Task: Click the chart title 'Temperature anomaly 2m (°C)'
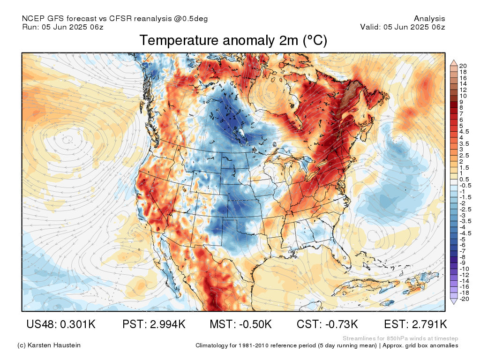[x=233, y=40]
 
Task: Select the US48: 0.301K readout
[x=61, y=324]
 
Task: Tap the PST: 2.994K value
[x=154, y=324]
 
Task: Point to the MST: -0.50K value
[x=240, y=324]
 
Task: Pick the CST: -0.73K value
[x=327, y=324]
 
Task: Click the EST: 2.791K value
[x=415, y=324]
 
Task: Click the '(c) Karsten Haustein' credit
[x=49, y=345]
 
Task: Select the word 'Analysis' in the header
[x=429, y=19]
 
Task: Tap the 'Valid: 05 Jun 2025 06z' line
[x=403, y=27]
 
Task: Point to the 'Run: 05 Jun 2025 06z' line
[x=63, y=27]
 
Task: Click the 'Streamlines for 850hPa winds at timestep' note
[x=400, y=338]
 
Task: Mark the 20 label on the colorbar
[x=463, y=66]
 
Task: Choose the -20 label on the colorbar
[x=464, y=299]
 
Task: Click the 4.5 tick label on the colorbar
[x=464, y=132]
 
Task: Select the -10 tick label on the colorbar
[x=464, y=269]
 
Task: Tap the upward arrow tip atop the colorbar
[x=454, y=60]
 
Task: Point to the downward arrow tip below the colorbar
[x=454, y=304]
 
